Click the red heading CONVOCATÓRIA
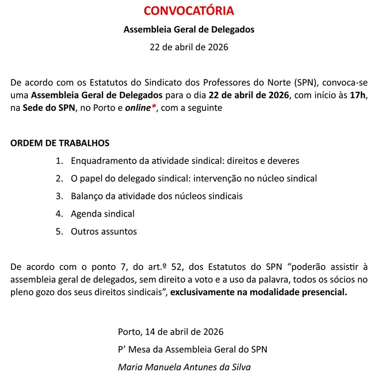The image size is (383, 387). coord(189,10)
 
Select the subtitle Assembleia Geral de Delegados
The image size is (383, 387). coord(189,29)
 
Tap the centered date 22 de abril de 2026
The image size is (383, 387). coord(189,47)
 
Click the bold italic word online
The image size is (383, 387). coord(138,108)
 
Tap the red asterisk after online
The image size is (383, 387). coord(154,107)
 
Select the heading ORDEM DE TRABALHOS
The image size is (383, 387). coord(60,143)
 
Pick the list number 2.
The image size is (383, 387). coord(59,178)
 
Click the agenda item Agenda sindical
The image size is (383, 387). coord(103,214)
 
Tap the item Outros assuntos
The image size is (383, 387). coord(104,232)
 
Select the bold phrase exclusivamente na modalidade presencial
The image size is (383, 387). coord(258,293)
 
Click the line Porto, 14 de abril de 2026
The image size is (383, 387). coord(171,332)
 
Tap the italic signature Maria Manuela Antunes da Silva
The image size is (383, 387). coord(185,368)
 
